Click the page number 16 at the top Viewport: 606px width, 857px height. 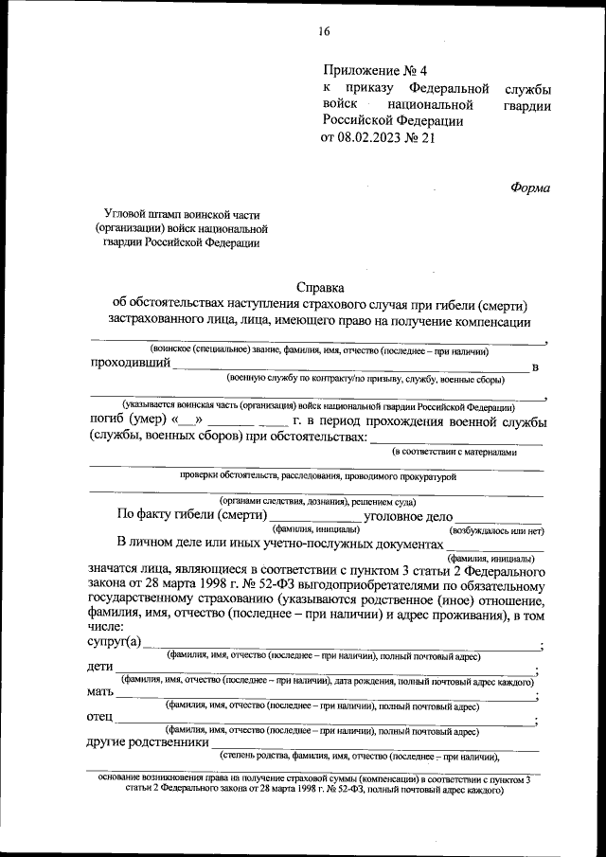[x=324, y=31]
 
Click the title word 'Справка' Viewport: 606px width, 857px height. [x=321, y=287]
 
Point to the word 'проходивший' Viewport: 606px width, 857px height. [x=130, y=363]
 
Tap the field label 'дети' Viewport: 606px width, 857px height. [x=100, y=669]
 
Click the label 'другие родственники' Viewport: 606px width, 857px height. [x=146, y=742]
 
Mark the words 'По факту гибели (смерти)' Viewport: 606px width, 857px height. [x=188, y=516]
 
